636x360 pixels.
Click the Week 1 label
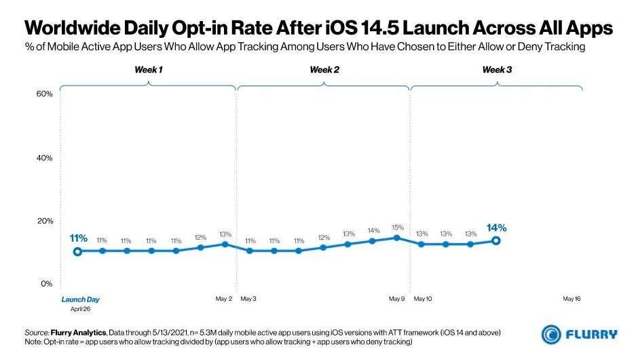[x=147, y=70]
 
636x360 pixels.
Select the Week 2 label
[x=324, y=70]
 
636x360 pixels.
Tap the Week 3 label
[x=497, y=70]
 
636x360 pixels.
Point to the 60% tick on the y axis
[x=44, y=94]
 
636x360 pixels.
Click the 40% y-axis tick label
[x=44, y=158]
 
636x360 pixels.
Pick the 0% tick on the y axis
[x=46, y=283]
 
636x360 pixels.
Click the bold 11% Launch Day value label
[x=78, y=238]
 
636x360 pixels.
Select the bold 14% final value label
[x=496, y=228]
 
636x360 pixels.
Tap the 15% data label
[x=398, y=227]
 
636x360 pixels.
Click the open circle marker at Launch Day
[x=78, y=251]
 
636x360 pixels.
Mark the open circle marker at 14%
[x=496, y=240]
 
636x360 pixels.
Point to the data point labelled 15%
[x=398, y=237]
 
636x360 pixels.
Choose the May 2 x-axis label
[x=224, y=299]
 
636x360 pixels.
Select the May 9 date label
[x=397, y=299]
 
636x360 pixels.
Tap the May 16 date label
[x=572, y=299]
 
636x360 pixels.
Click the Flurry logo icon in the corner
[x=550, y=334]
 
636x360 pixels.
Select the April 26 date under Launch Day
[x=80, y=308]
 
